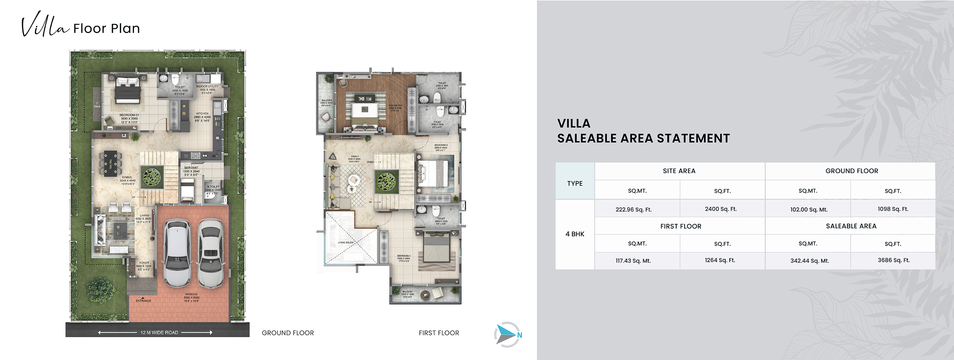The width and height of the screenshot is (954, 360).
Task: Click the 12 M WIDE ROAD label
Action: coord(159,332)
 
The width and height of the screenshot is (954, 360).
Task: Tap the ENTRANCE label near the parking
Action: coord(143,300)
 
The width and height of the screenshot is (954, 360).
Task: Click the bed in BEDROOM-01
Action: coord(127,90)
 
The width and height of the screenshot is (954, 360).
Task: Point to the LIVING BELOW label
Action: coord(346,242)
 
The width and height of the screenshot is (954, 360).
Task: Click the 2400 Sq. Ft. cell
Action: coord(720,209)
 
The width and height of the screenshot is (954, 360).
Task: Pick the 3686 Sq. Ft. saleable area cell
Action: coord(893,260)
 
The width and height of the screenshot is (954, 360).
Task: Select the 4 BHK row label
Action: coord(575,234)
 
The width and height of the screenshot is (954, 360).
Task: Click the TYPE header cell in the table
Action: coord(575,183)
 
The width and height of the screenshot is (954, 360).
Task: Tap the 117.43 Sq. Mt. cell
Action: coord(633,261)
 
